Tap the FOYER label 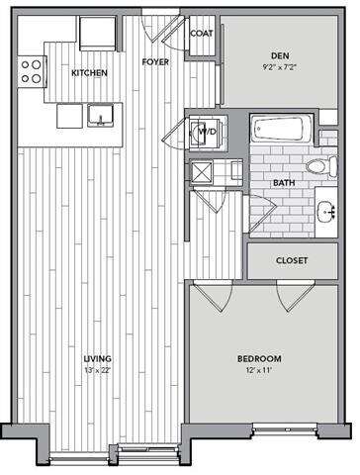(x=153, y=60)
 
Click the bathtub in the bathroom (x=280, y=130)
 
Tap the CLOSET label (x=292, y=261)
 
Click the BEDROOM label (x=260, y=357)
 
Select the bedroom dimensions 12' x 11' (x=260, y=371)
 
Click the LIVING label (x=97, y=357)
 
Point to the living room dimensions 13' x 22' (x=97, y=371)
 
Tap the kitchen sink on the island (x=100, y=117)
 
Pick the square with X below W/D (x=202, y=172)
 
